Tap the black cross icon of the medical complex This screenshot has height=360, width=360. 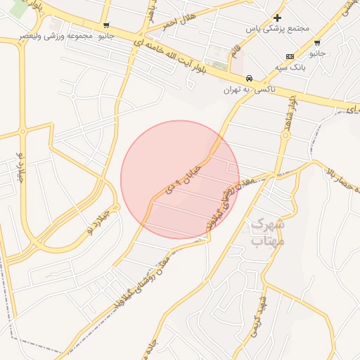[278, 18]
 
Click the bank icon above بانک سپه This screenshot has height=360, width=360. [290, 56]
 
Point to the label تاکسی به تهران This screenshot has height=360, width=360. [250, 89]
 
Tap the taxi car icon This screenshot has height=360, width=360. [250, 78]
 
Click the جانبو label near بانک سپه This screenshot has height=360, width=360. [318, 53]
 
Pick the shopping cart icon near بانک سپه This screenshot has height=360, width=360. [318, 43]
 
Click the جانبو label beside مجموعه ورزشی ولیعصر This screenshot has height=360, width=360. [105, 35]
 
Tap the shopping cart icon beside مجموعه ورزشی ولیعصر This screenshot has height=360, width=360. [105, 25]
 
